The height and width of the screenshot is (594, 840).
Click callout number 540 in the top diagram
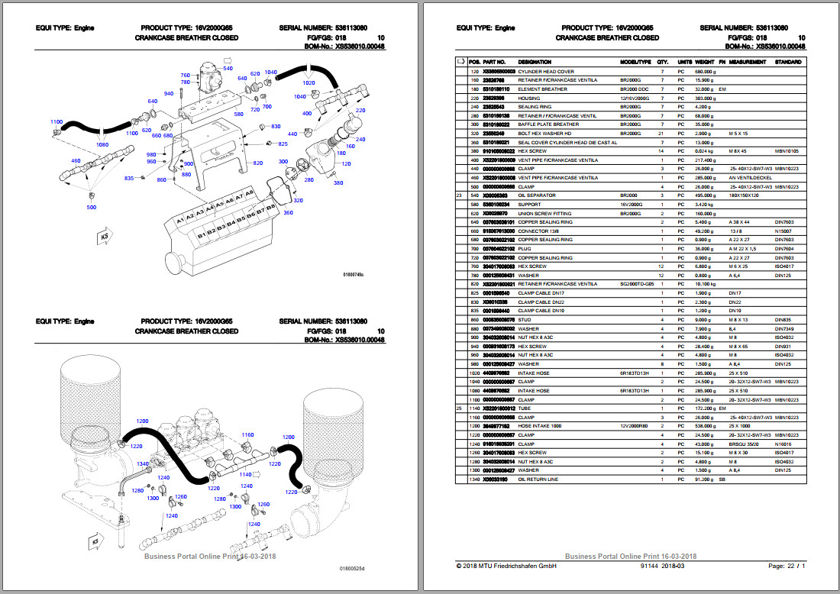(x=228, y=69)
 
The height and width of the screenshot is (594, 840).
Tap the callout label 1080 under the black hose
(x=102, y=144)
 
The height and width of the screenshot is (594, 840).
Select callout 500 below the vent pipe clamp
(x=92, y=207)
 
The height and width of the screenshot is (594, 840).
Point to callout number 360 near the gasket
(x=288, y=212)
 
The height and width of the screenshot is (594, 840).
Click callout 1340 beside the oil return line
(x=142, y=463)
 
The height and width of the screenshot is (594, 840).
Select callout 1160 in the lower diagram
(x=247, y=434)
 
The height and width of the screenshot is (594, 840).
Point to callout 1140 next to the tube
(x=245, y=474)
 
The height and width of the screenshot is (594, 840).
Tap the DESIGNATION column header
(x=535, y=62)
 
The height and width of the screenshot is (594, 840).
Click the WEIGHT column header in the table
(x=705, y=62)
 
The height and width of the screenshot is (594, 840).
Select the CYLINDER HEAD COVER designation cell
(x=546, y=71)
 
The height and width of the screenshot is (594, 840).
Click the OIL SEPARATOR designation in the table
(x=537, y=195)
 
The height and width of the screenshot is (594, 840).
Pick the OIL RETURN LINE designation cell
(x=539, y=479)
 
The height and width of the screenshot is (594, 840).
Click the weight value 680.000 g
(x=705, y=71)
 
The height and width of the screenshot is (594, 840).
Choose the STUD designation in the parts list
(x=525, y=319)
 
